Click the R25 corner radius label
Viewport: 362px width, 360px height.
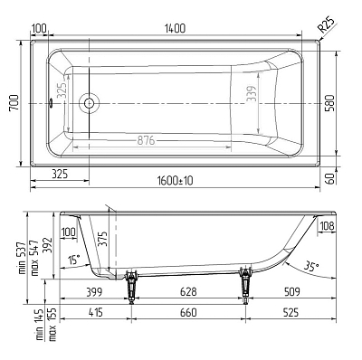pos(327,25)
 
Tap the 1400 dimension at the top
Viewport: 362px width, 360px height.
pos(175,28)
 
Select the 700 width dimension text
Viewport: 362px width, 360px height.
pos(14,103)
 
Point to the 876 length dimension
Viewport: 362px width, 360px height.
pos(146,140)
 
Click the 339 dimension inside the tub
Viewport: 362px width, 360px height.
pos(252,93)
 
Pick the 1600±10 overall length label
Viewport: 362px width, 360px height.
pos(175,181)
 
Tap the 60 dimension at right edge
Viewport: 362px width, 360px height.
pos(330,179)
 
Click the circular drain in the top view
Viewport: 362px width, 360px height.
pos(89,103)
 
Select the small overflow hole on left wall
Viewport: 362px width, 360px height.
pos(51,103)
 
